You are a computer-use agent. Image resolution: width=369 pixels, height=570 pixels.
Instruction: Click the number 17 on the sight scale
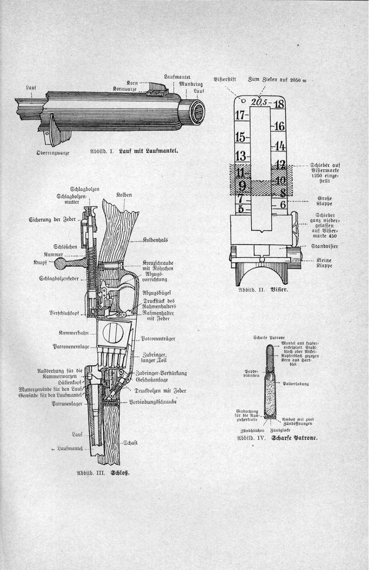tap(240, 116)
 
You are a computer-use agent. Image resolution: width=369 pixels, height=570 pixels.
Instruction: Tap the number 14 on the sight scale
tap(279, 146)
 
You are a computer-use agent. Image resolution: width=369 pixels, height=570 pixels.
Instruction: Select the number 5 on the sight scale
tap(241, 208)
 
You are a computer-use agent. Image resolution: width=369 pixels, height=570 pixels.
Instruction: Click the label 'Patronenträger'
tap(158, 339)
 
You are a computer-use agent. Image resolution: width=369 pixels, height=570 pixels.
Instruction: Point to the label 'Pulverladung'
tap(295, 384)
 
